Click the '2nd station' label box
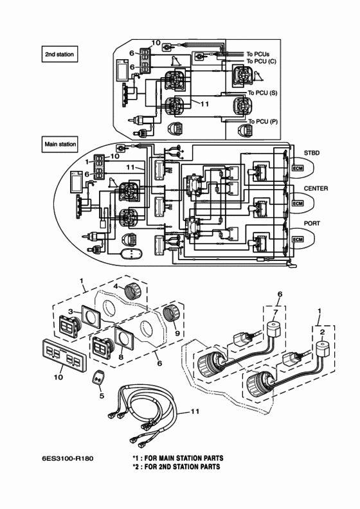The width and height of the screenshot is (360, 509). (x=60, y=54)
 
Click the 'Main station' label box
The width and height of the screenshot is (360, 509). (x=60, y=144)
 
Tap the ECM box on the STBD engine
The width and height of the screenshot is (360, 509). (x=298, y=168)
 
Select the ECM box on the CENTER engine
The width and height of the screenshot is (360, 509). (x=298, y=204)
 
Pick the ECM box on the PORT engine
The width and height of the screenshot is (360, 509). (x=298, y=240)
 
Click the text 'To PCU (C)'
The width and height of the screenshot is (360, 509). (x=261, y=61)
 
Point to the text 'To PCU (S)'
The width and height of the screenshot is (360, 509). (x=263, y=93)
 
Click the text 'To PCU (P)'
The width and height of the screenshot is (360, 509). (x=263, y=121)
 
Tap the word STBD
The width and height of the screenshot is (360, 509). (x=312, y=152)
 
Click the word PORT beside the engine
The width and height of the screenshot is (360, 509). (x=312, y=224)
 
